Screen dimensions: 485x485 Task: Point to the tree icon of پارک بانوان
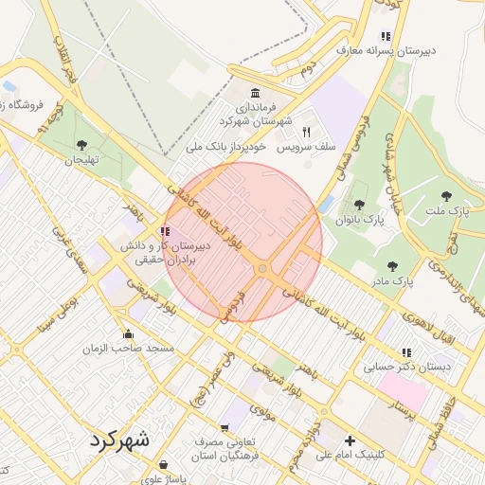[358, 204]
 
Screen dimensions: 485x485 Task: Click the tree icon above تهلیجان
[81, 145]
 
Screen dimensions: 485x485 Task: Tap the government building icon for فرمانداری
[253, 93]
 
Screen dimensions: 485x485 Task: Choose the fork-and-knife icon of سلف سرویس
[306, 132]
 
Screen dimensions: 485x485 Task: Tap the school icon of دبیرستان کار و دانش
[165, 230]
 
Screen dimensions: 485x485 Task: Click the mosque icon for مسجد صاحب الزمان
[128, 333]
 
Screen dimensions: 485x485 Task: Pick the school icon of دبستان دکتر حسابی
[405, 351]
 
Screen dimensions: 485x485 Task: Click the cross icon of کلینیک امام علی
[350, 440]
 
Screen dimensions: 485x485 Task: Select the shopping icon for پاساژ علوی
[164, 465]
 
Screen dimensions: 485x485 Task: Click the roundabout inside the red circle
[261, 270]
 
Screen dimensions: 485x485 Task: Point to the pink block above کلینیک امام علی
[402, 391]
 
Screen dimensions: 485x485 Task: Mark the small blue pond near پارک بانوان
[328, 204]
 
